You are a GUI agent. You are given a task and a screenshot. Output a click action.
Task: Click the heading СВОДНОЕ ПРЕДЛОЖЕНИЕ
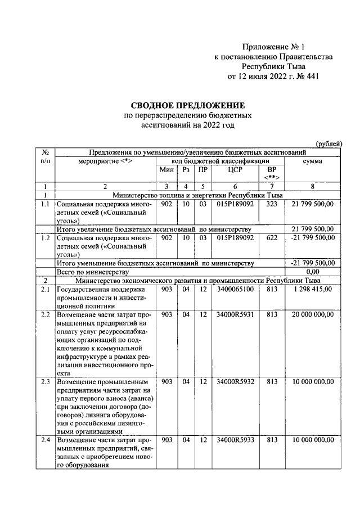click(188, 105)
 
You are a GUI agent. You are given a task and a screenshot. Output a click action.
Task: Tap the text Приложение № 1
click(272, 47)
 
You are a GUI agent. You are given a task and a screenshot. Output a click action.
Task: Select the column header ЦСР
click(235, 169)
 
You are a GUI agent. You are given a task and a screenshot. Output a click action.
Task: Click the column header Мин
click(166, 169)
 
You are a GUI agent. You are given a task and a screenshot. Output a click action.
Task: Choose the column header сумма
click(312, 161)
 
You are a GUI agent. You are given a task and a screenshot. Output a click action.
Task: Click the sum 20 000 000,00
click(313, 314)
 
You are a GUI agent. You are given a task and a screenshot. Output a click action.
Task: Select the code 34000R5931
click(235, 314)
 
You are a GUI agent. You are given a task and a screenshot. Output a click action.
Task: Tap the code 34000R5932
click(235, 381)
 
